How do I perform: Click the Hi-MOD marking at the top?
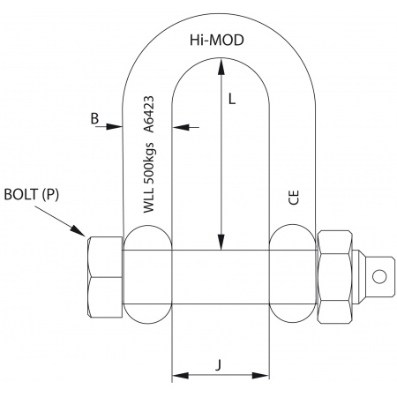click(217, 40)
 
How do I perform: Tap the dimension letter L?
click(232, 99)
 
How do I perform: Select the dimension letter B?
click(94, 119)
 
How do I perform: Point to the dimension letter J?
click(218, 365)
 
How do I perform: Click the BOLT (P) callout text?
click(32, 195)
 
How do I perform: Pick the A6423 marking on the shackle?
click(148, 114)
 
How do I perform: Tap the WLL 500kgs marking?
click(148, 177)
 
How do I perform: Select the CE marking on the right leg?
click(294, 198)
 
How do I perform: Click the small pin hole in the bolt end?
click(379, 276)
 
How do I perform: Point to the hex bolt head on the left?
click(105, 277)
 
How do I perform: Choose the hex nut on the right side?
click(335, 277)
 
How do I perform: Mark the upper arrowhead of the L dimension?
click(221, 66)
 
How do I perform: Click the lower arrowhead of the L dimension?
click(221, 242)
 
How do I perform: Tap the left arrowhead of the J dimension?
click(180, 376)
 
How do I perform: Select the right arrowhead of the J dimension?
click(261, 376)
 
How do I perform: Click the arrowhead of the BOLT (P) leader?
click(78, 231)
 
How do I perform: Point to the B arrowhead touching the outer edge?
click(115, 127)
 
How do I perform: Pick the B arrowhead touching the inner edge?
click(180, 127)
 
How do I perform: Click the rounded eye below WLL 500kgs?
click(147, 274)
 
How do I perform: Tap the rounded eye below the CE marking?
click(293, 273)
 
